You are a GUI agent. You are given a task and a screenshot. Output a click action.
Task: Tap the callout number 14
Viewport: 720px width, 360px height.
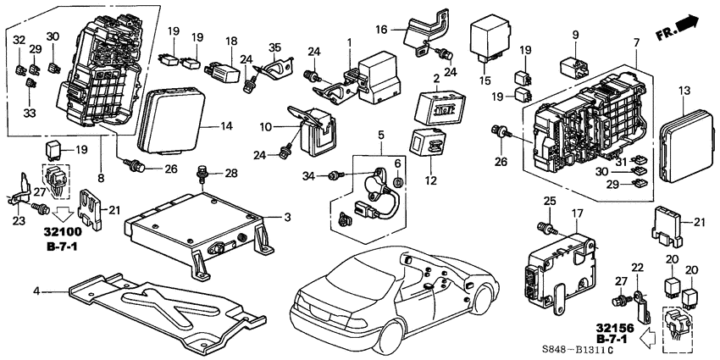pos(225,126)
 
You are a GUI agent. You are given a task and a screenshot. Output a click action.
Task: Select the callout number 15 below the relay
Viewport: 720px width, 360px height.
pos(485,80)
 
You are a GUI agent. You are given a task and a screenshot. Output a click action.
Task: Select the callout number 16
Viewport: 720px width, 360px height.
pos(405,29)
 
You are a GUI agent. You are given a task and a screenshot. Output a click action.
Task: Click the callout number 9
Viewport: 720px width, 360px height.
pos(575,35)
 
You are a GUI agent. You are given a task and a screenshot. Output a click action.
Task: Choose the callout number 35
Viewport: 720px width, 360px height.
pos(274,47)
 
